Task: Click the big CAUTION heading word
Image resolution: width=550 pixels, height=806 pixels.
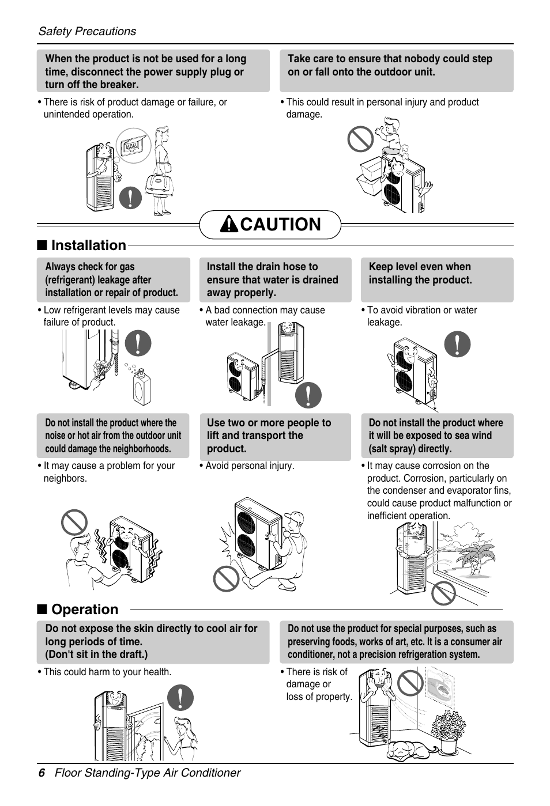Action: (280, 224)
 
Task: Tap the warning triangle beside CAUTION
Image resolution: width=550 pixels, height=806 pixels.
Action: (229, 225)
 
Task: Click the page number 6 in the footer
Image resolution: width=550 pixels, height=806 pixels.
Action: (42, 773)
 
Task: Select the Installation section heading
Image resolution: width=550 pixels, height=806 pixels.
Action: (88, 245)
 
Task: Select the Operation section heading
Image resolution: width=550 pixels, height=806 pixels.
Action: (84, 610)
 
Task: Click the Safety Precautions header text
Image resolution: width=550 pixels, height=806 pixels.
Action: (87, 31)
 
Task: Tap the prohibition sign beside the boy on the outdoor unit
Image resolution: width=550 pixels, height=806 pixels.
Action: (360, 139)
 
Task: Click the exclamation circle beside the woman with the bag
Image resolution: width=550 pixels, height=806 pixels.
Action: (131, 198)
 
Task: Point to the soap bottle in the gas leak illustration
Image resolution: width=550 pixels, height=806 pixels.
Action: (141, 387)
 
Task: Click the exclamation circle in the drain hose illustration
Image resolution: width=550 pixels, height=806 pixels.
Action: (308, 395)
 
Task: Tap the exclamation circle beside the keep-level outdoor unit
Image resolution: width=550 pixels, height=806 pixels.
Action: (457, 345)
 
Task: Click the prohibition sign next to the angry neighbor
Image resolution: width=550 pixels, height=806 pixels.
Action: (75, 523)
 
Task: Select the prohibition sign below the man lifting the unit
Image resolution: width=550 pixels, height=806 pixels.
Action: (226, 578)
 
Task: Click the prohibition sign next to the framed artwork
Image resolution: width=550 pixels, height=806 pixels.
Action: (410, 683)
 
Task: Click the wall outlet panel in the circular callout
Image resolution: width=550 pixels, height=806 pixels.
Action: (133, 146)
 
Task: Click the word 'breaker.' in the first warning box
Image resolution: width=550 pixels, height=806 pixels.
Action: (120, 85)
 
